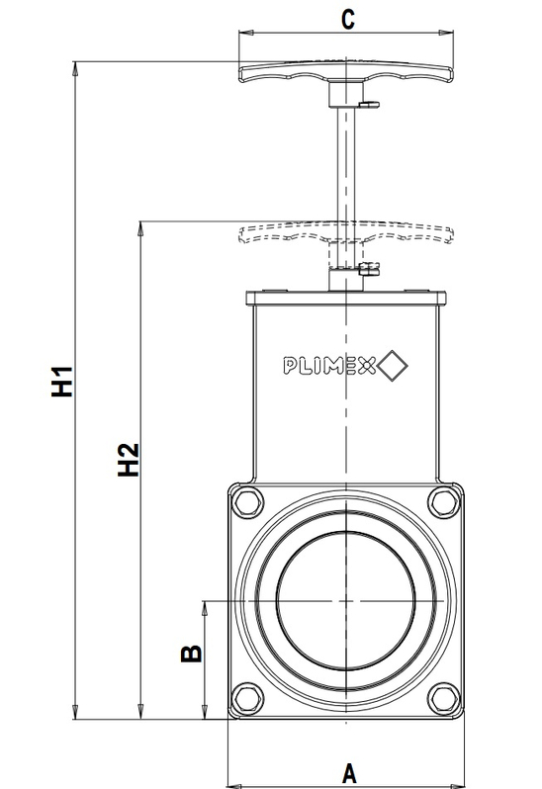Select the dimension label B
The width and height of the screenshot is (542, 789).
[x=192, y=652]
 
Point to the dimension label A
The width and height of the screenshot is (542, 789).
[x=348, y=771]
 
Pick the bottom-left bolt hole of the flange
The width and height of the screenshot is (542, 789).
[x=247, y=701]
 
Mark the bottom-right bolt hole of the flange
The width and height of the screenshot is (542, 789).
[x=442, y=701]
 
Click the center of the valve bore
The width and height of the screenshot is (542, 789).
[x=345, y=600]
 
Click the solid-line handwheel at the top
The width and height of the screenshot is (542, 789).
[x=345, y=72]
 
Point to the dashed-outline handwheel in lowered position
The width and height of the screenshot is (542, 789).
[x=345, y=233]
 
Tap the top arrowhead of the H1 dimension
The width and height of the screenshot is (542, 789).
[x=75, y=66]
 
